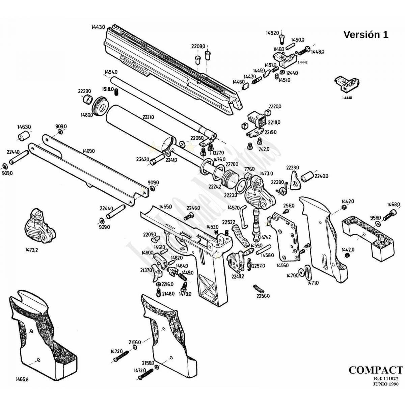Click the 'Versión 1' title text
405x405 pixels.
366,34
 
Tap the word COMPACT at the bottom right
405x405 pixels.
376,370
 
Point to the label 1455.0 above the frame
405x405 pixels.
165,206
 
